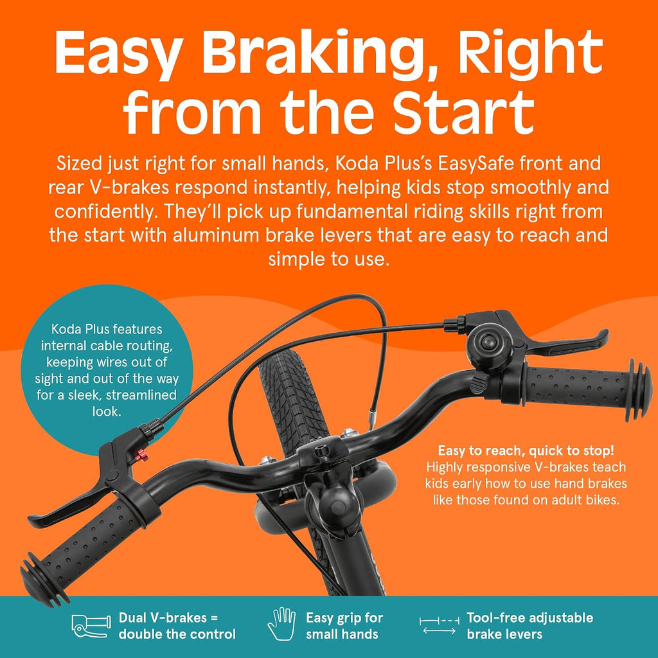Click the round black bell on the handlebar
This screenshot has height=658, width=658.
(488, 344)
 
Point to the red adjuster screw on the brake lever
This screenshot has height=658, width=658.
(142, 454)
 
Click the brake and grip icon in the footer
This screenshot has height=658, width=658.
(91, 627)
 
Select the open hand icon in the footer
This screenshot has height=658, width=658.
(281, 624)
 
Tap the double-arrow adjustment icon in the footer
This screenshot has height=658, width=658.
(438, 626)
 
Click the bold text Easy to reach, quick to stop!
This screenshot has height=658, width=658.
(526, 450)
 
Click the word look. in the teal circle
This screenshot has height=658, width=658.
(107, 411)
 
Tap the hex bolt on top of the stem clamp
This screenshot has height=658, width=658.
(321, 451)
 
